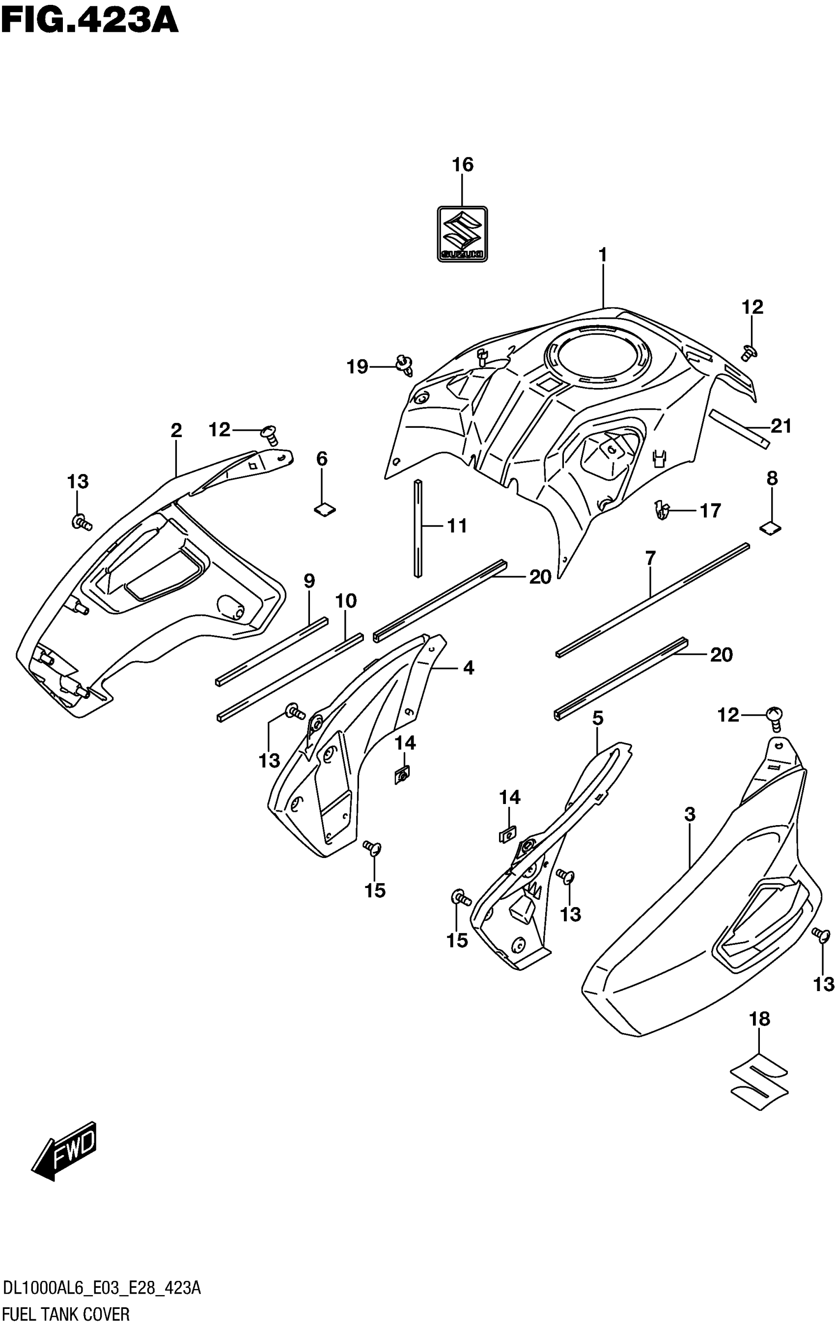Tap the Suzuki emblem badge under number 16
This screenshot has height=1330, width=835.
pyautogui.click(x=462, y=234)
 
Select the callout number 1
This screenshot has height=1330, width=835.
pyautogui.click(x=603, y=255)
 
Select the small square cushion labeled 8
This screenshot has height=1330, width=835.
pyautogui.click(x=771, y=528)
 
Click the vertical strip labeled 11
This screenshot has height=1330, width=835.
pyautogui.click(x=418, y=528)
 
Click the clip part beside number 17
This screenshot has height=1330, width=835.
pyautogui.click(x=661, y=510)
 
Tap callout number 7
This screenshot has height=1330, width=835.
pyautogui.click(x=650, y=558)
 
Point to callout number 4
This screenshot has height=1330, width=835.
pyautogui.click(x=468, y=668)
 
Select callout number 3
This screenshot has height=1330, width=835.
pyautogui.click(x=690, y=814)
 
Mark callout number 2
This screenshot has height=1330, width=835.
pyautogui.click(x=176, y=430)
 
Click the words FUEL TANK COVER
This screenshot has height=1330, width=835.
pyautogui.click(x=66, y=1315)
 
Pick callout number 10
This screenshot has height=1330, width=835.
pyautogui.click(x=346, y=601)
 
